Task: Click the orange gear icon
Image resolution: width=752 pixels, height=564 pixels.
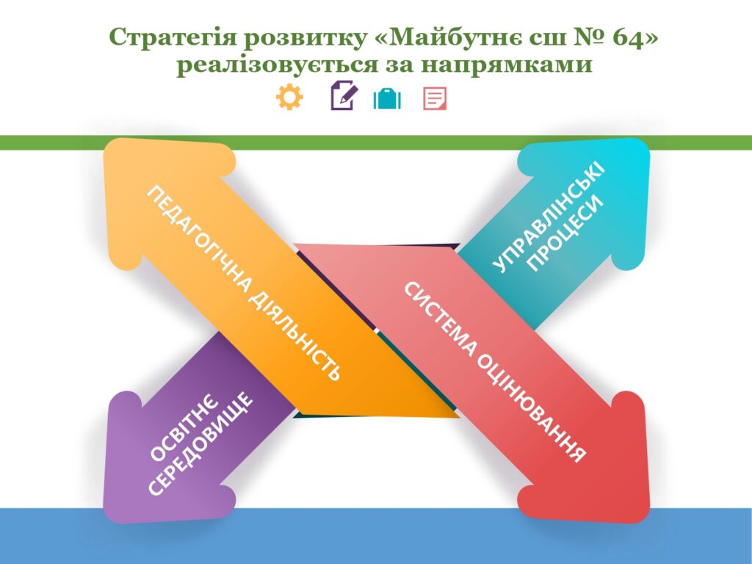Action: point(289,97)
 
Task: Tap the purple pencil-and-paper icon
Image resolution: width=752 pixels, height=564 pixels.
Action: point(344,95)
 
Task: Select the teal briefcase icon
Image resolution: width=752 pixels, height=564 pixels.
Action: point(387,99)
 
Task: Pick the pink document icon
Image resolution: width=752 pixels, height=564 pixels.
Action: point(435,98)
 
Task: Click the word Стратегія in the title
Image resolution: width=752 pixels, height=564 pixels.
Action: point(173,38)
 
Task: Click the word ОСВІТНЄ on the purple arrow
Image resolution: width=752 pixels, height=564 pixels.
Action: point(184,429)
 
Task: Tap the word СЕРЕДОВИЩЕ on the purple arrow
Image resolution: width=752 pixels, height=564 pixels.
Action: point(199,443)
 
